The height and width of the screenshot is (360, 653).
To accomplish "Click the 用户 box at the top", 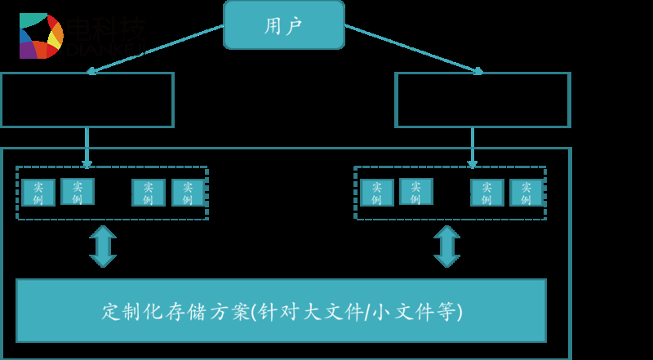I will [x=284, y=24].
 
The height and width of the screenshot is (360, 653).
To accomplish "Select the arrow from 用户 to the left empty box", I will [x=155, y=49].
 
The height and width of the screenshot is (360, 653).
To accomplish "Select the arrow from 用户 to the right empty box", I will [x=412, y=49].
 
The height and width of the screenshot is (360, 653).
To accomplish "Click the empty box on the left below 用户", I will [x=87, y=100].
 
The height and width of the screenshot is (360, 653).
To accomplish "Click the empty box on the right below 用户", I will [x=482, y=100].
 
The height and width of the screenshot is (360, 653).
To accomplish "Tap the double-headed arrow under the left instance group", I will [x=103, y=246].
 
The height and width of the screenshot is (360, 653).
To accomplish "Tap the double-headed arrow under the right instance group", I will [x=446, y=246].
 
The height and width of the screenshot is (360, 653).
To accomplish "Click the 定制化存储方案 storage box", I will [x=281, y=310].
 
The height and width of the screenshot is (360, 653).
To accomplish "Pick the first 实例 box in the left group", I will [x=38, y=193].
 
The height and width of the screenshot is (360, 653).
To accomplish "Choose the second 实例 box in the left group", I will [x=78, y=191].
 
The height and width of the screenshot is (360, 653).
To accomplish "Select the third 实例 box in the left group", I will [x=149, y=193].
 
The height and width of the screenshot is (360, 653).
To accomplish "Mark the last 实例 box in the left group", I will [x=188, y=193].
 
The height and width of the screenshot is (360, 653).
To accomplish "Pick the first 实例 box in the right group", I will [x=377, y=193].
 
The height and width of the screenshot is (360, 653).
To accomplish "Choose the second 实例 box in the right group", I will [x=415, y=191].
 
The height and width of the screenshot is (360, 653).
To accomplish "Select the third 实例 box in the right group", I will [x=486, y=193].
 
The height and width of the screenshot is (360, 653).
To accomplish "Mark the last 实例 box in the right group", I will [x=526, y=193].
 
